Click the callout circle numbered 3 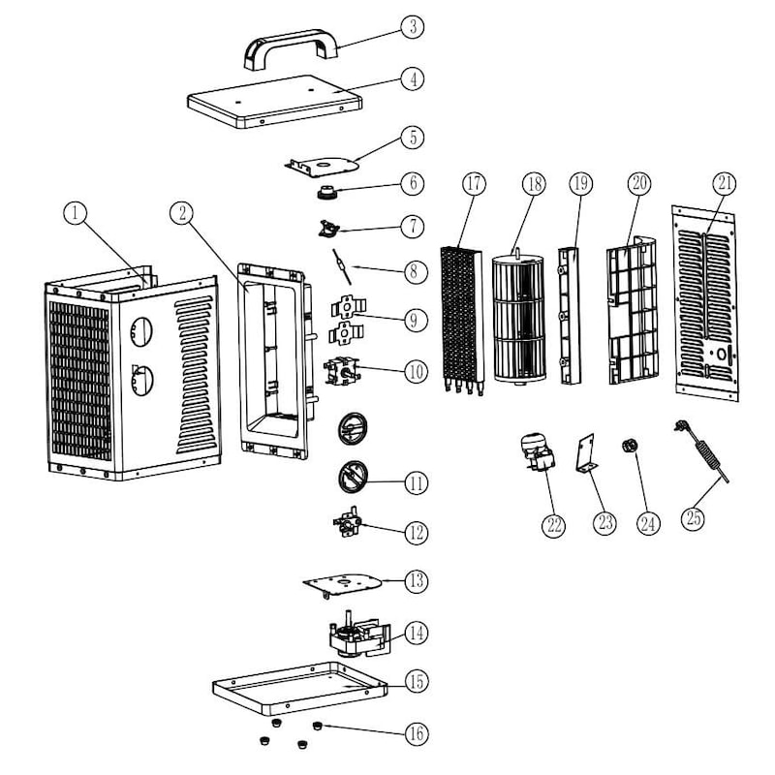tap(414, 26)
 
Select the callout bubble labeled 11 tap(416, 481)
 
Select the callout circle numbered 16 tap(416, 733)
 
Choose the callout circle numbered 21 tap(726, 182)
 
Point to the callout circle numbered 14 tap(416, 633)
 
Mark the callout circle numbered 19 tap(580, 182)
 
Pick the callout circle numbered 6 tap(414, 182)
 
